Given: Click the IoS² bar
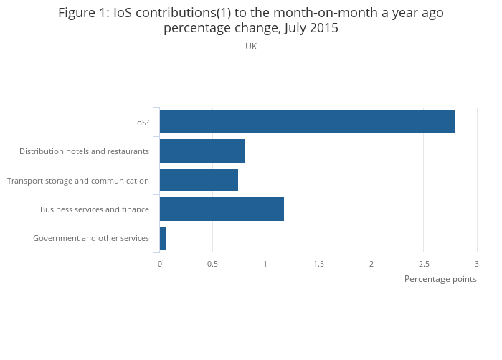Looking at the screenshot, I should [307, 122].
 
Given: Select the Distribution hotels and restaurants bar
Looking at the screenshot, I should [202, 151].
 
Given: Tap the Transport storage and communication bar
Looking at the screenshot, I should [199, 180].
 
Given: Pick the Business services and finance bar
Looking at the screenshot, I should [222, 209].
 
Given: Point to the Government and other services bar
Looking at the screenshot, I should [163, 238].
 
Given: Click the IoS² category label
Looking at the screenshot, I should [142, 123].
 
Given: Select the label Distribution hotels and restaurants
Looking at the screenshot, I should [84, 151].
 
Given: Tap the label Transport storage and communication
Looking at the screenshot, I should [78, 181].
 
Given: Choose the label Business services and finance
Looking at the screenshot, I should [95, 209].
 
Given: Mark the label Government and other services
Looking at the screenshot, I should [91, 238].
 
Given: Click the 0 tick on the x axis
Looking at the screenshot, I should [160, 264].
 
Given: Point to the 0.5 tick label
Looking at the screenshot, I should [212, 264].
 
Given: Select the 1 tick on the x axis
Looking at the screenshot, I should [265, 264].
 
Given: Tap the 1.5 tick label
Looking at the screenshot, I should [318, 264].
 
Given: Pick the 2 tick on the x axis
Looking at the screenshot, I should [371, 264].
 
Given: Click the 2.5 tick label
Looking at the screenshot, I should [424, 264].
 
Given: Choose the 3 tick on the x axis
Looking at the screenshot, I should [477, 264].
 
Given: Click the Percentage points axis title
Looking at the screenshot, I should [440, 279].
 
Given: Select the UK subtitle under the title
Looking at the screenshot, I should [251, 47].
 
